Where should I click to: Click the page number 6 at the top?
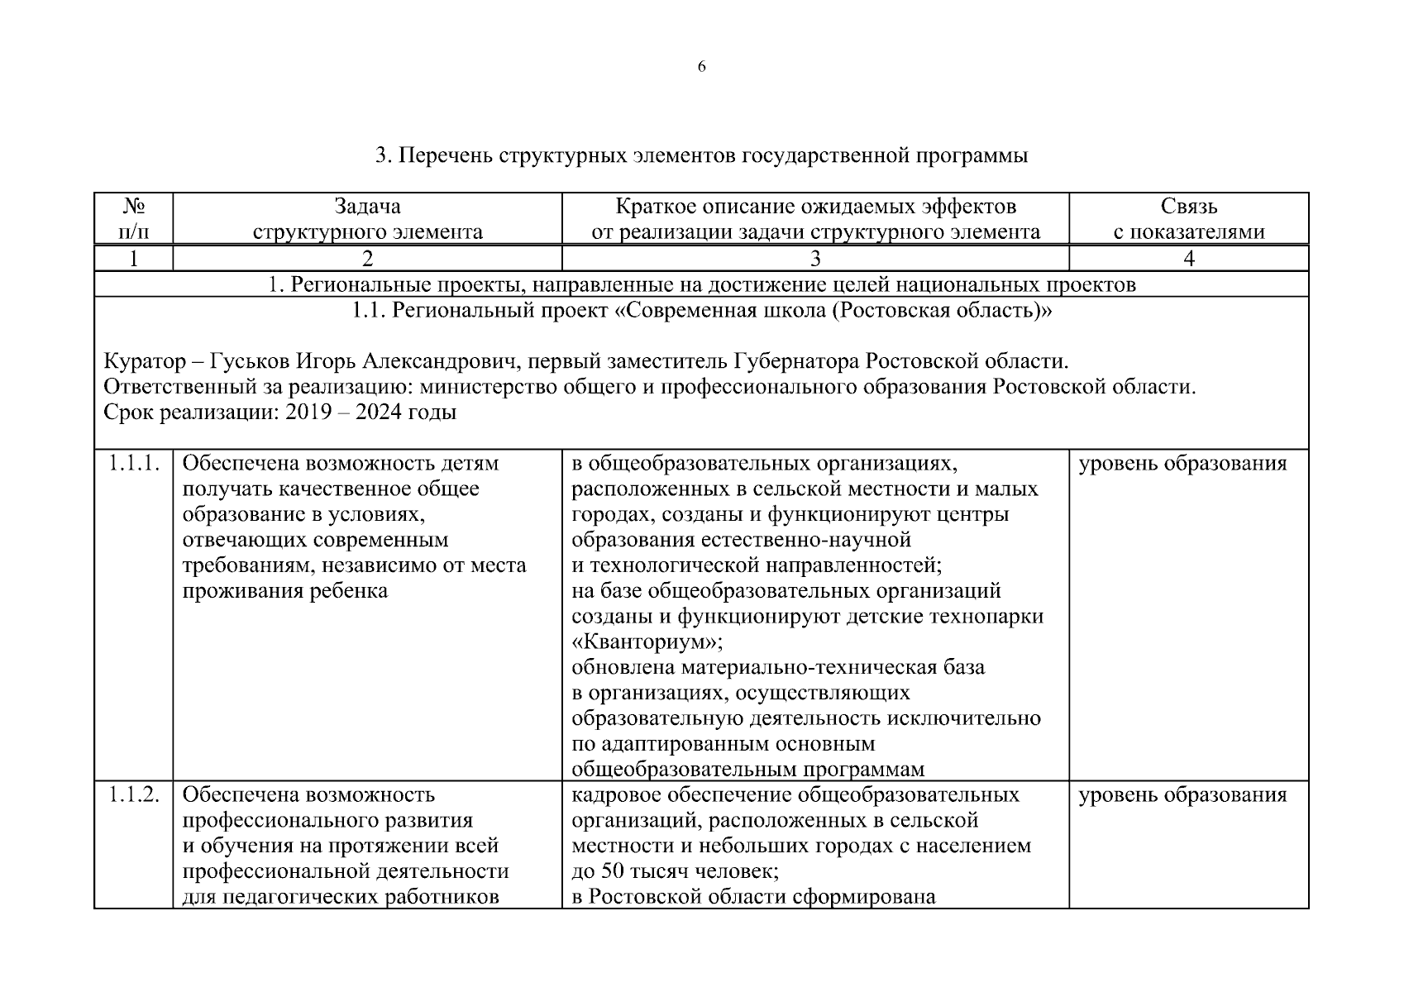pyautogui.click(x=701, y=67)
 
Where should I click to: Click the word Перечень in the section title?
pyautogui.click(x=447, y=155)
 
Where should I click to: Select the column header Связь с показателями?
pyautogui.click(x=1188, y=219)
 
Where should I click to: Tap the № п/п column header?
pyautogui.click(x=134, y=219)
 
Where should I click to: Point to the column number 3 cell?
pyautogui.click(x=814, y=259)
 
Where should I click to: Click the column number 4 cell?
pyautogui.click(x=1188, y=259)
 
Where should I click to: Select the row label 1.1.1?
pyautogui.click(x=134, y=464)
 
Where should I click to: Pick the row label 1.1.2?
pyautogui.click(x=134, y=795)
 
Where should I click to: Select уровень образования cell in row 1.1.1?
pyautogui.click(x=1182, y=464)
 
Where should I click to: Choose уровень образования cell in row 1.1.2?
pyautogui.click(x=1182, y=795)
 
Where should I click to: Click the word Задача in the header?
pyautogui.click(x=367, y=206)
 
